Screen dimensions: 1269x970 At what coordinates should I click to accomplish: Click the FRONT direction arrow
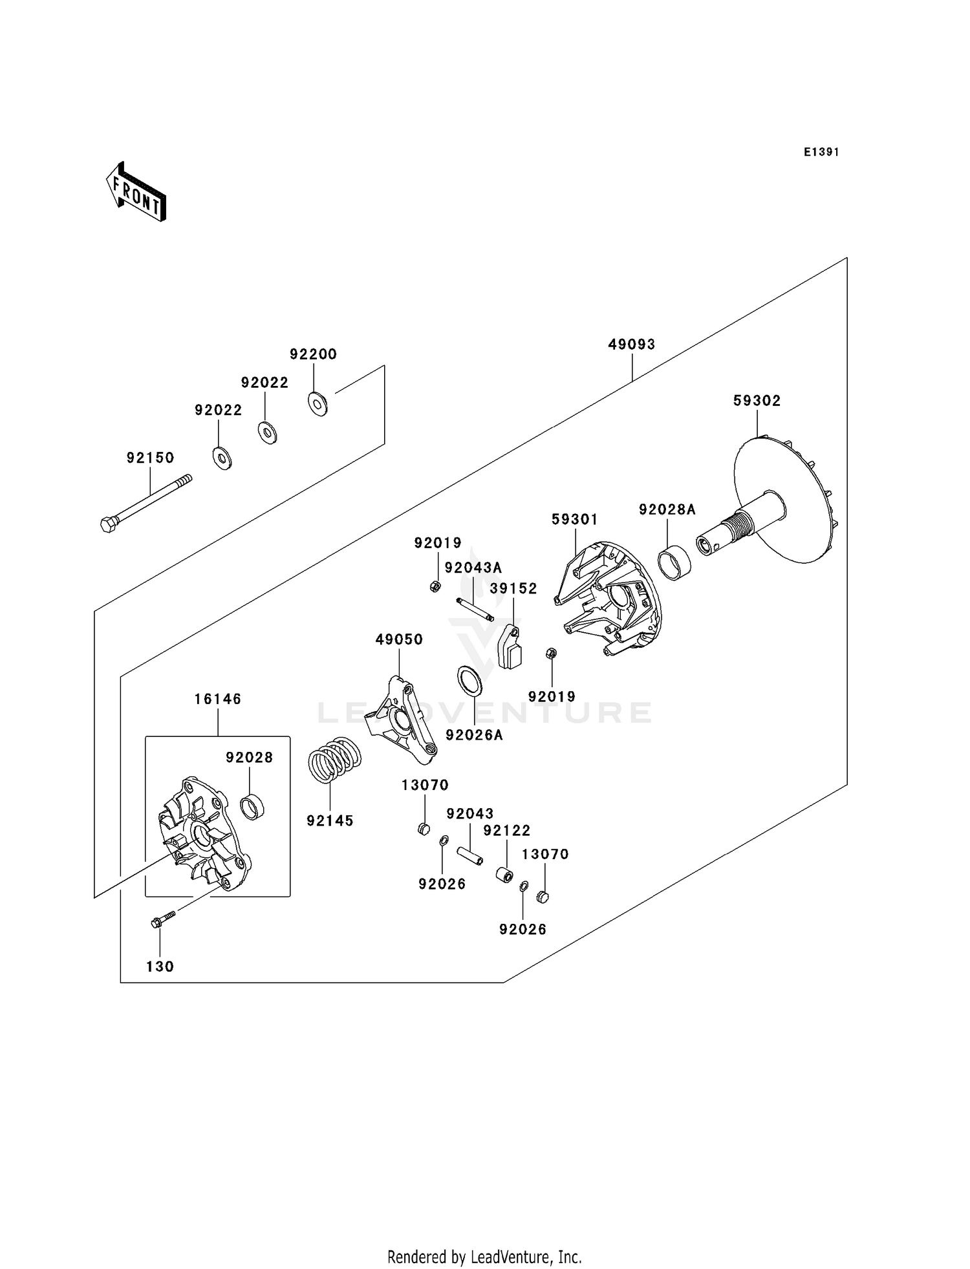pos(136,193)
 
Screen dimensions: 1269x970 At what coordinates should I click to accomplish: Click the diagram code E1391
pos(821,153)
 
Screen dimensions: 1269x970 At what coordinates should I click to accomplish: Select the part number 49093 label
pos(631,345)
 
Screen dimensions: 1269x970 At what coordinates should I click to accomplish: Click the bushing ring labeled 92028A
pos(674,562)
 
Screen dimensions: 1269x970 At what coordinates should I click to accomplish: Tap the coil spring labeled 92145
pos(334,760)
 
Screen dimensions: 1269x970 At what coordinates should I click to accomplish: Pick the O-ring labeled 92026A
pos(469,681)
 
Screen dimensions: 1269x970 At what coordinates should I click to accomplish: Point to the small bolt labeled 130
pos(163,920)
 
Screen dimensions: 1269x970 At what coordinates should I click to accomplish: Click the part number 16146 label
pos(218,699)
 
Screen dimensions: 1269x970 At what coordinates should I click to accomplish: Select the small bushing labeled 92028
pos(253,807)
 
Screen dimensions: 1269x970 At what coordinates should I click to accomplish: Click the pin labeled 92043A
pos(475,609)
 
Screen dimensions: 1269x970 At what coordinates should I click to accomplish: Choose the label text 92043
pos(469,814)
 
